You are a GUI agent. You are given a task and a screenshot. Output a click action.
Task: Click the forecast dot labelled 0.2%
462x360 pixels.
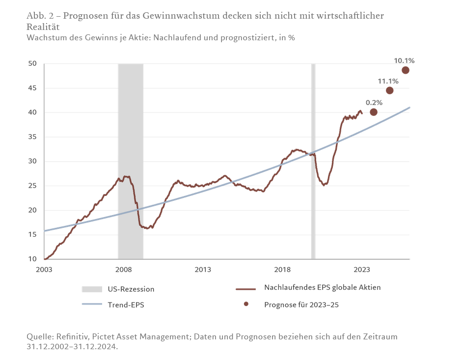pos(373,112)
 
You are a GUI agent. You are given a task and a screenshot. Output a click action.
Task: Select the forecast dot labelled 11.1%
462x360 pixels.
pos(389,90)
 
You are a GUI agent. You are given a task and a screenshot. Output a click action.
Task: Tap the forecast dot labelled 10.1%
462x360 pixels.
pos(405,70)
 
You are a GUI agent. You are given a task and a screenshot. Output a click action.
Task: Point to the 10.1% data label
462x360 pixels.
pos(404,61)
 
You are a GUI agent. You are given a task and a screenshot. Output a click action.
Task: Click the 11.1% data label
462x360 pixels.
pos(387,81)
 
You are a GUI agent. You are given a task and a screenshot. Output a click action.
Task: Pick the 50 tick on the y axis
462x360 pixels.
pos(33,64)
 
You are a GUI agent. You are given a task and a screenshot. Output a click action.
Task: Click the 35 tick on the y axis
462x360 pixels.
pos(33,137)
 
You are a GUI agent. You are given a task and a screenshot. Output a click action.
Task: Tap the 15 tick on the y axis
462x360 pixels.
pos(33,235)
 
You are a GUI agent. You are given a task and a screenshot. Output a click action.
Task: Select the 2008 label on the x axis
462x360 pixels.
pos(123,269)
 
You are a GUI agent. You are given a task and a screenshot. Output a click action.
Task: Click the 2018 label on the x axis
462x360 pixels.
pos(282,269)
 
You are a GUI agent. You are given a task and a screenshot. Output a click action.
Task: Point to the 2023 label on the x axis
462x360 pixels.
pos(362,269)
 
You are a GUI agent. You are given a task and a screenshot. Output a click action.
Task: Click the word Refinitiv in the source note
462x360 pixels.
pos(72,337)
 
